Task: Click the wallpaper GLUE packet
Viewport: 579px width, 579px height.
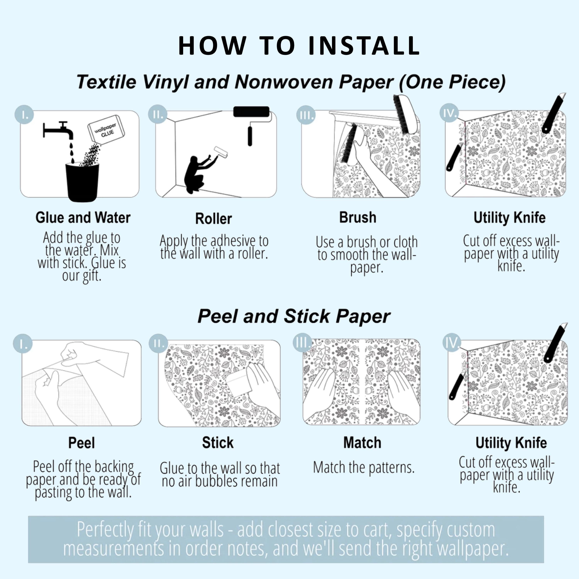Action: [106, 130]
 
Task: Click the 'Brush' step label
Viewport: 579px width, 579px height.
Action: [358, 217]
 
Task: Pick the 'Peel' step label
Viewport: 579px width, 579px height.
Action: [81, 443]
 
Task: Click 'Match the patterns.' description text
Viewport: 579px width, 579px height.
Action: [364, 467]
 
